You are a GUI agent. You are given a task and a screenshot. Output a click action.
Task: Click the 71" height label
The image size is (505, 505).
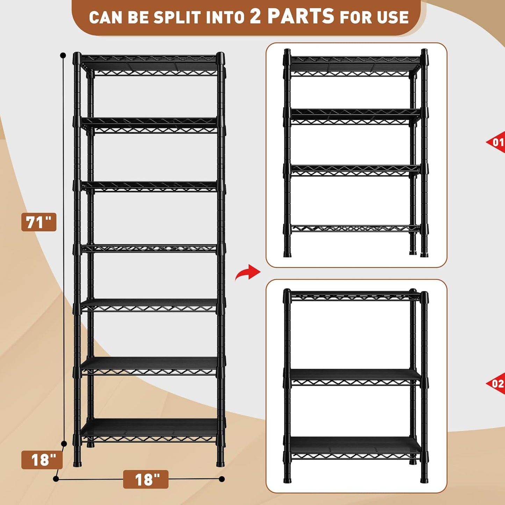pyautogui.click(x=38, y=222)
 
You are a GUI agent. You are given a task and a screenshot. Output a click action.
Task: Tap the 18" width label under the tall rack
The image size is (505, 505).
pyautogui.click(x=146, y=479)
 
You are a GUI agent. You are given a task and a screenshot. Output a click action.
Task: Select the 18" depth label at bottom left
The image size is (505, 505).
pyautogui.click(x=42, y=460)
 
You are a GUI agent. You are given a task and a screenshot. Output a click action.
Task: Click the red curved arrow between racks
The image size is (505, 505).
pyautogui.click(x=247, y=272)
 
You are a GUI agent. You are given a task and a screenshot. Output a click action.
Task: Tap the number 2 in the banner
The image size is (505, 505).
pyautogui.click(x=255, y=17)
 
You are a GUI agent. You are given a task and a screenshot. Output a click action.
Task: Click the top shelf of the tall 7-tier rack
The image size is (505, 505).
pyautogui.click(x=149, y=63)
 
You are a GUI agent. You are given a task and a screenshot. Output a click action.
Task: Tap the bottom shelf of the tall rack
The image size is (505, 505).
pyautogui.click(x=149, y=430)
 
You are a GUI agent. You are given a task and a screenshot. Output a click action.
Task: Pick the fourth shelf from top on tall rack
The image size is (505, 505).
pyautogui.click(x=149, y=248)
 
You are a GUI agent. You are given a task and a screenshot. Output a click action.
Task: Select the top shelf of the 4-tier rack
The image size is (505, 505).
pyautogui.click(x=355, y=65)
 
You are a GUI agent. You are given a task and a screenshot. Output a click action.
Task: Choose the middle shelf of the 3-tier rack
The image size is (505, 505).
pyautogui.click(x=355, y=377)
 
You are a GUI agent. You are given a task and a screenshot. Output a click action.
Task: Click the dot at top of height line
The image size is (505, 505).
pyautogui.click(x=63, y=55)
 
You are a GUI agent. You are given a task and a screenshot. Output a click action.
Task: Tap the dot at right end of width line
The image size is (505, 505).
pyautogui.click(x=222, y=479)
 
